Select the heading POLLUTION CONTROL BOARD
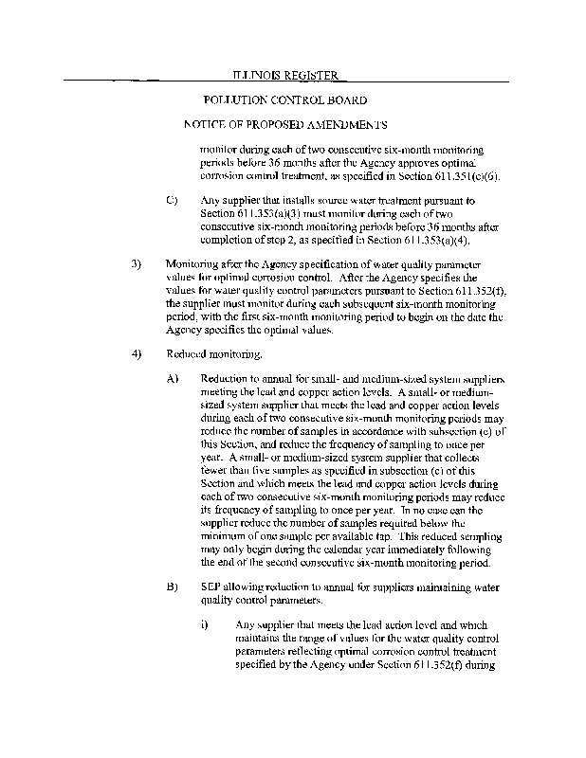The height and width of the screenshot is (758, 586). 285,99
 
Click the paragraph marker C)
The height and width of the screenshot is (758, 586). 172,202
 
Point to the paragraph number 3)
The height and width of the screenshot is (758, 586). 136,263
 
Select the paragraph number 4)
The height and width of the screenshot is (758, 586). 136,353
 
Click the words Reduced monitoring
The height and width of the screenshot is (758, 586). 200,353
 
